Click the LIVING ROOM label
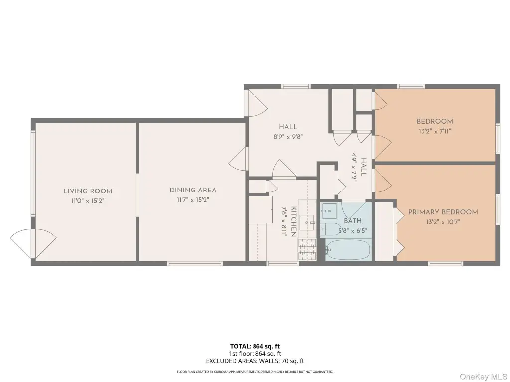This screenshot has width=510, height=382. (x=88, y=191)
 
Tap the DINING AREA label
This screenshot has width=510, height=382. (x=193, y=191)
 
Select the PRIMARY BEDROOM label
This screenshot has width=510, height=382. (x=443, y=212)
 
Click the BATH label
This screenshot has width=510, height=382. (x=353, y=221)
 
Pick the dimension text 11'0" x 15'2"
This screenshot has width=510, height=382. (x=88, y=201)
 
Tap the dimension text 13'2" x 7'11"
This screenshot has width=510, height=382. (x=435, y=131)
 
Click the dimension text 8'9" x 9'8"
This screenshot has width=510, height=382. (x=288, y=137)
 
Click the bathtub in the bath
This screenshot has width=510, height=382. (x=348, y=250)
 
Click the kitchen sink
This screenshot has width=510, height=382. (x=307, y=222)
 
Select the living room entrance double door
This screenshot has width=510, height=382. (x=33, y=242)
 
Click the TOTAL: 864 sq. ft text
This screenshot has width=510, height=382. (x=255, y=346)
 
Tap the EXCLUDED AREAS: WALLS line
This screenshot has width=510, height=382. (x=255, y=361)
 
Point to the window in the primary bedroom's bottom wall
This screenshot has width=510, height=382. (x=445, y=263)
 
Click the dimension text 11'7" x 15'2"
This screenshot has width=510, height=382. (x=193, y=200)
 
